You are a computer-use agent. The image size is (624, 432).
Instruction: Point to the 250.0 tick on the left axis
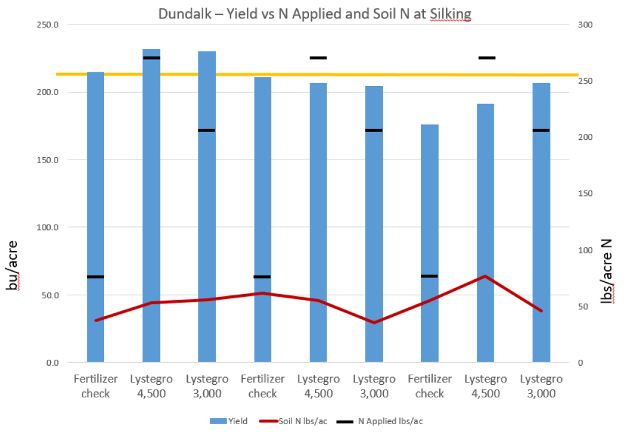pos(46,25)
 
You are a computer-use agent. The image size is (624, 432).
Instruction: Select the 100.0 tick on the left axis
pos(46,228)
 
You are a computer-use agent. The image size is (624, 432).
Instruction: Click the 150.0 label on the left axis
pos(46,160)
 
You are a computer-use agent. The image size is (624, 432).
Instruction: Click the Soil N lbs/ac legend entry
pos(292,421)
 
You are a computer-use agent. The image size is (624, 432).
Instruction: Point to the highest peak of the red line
pos(485,276)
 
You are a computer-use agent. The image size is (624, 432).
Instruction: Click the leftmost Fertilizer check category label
pos(96,386)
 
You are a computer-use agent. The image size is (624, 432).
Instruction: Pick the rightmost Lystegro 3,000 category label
pos(542,386)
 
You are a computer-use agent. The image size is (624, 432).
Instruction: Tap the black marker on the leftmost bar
pos(96,277)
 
